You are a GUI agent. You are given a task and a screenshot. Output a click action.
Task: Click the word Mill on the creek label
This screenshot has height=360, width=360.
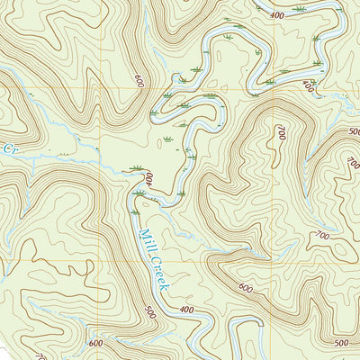point(147,241)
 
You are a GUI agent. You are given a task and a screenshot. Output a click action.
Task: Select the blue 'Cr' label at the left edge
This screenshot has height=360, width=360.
point(10,146)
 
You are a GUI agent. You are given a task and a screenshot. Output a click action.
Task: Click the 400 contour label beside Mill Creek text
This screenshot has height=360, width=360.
point(186,310)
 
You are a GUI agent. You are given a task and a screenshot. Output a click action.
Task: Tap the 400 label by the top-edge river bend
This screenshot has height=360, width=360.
point(276,15)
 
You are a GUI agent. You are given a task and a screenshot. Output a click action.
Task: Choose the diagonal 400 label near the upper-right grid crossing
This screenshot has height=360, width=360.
point(309,86)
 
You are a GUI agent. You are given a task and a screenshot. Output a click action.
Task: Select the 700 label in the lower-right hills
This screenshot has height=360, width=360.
point(321,236)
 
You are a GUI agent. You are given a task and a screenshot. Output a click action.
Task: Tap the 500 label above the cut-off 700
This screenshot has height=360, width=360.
point(354,131)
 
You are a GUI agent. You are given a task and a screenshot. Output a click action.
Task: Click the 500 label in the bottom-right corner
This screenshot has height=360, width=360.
point(339,343)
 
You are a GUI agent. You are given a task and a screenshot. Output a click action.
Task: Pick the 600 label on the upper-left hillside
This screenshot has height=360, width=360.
point(139,80)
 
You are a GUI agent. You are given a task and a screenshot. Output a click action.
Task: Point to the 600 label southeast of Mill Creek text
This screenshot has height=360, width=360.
point(245,288)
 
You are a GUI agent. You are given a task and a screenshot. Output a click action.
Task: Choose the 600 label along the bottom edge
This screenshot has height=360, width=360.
point(96,343)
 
